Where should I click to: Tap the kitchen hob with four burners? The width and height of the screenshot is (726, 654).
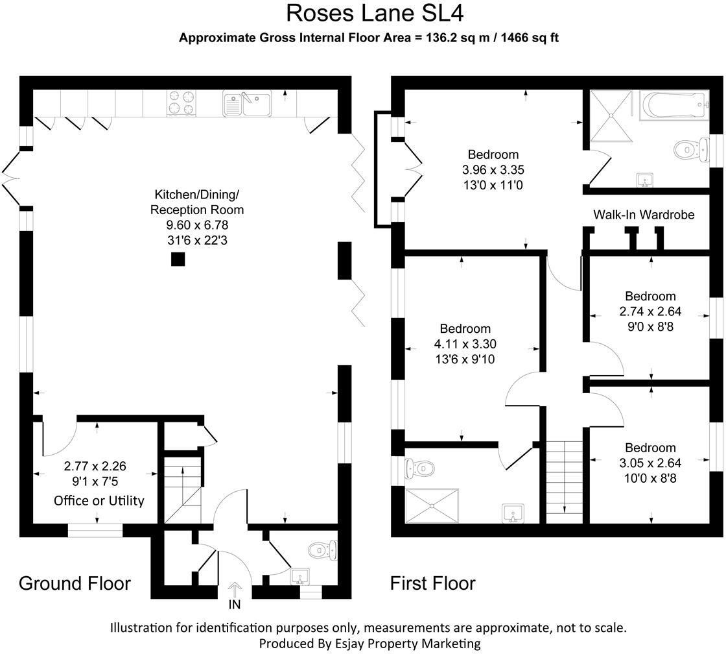[182, 103]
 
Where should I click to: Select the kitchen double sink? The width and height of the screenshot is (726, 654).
[248, 104]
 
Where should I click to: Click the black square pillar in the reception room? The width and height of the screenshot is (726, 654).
[178, 260]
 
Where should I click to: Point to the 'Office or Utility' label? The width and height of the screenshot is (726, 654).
[99, 500]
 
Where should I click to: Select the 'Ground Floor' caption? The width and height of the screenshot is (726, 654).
[75, 583]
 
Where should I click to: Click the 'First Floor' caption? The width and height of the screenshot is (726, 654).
[432, 583]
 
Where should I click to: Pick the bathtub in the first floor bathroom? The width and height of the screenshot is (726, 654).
[673, 105]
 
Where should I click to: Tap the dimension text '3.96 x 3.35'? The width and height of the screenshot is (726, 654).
[493, 170]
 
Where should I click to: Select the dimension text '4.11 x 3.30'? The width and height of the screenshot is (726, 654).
[465, 344]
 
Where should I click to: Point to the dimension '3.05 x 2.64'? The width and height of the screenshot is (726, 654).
[650, 463]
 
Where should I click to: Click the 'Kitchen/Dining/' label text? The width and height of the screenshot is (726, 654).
[196, 194]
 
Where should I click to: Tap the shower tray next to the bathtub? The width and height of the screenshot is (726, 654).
[610, 114]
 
